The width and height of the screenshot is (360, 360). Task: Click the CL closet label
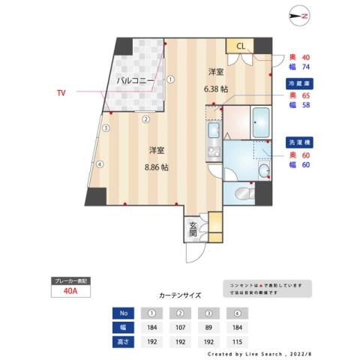coord(241,46)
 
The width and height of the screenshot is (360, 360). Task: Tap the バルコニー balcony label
coord(136,79)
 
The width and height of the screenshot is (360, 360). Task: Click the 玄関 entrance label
coord(193,228)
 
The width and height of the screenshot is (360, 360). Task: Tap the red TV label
coord(60,93)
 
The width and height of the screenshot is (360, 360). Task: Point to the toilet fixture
coord(244,194)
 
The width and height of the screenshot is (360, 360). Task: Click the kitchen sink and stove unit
coord(211,142)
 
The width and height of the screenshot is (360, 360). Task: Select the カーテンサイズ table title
coord(181,295)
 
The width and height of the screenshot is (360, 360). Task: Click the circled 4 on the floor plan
coord(99,163)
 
